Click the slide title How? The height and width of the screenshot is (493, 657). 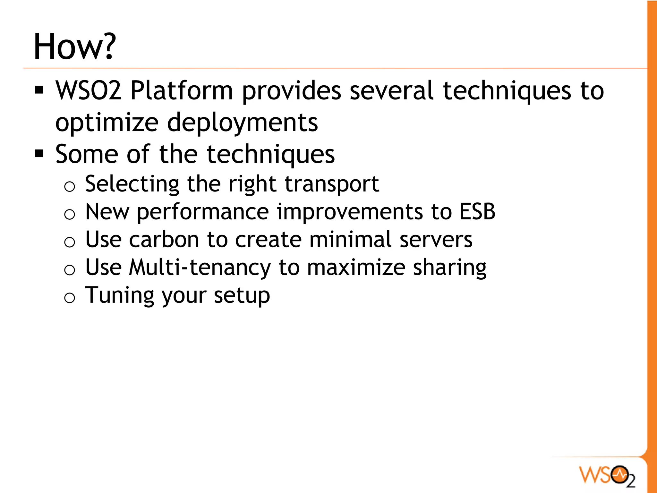[x=74, y=47]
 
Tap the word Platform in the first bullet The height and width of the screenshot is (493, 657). [x=182, y=91]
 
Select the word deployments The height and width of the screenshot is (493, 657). [x=243, y=123]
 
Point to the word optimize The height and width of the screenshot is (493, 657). [x=107, y=123]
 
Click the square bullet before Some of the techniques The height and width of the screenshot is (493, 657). [x=39, y=154]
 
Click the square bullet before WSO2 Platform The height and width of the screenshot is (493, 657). [x=39, y=90]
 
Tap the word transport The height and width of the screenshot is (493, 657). [x=332, y=184]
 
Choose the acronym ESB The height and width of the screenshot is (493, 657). [x=477, y=212]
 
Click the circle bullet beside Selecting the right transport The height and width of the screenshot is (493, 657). [x=70, y=186]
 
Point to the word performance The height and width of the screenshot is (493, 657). [x=203, y=212]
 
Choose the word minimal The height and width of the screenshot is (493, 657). [x=350, y=240]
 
